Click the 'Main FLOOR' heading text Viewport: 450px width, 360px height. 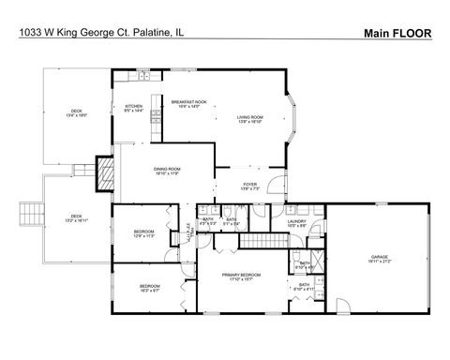tap(397, 33)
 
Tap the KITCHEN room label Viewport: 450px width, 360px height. tap(133, 109)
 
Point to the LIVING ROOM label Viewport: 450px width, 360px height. tap(249, 118)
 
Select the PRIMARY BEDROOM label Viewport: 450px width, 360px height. tap(241, 277)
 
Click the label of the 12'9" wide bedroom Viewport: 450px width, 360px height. tap(143, 233)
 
